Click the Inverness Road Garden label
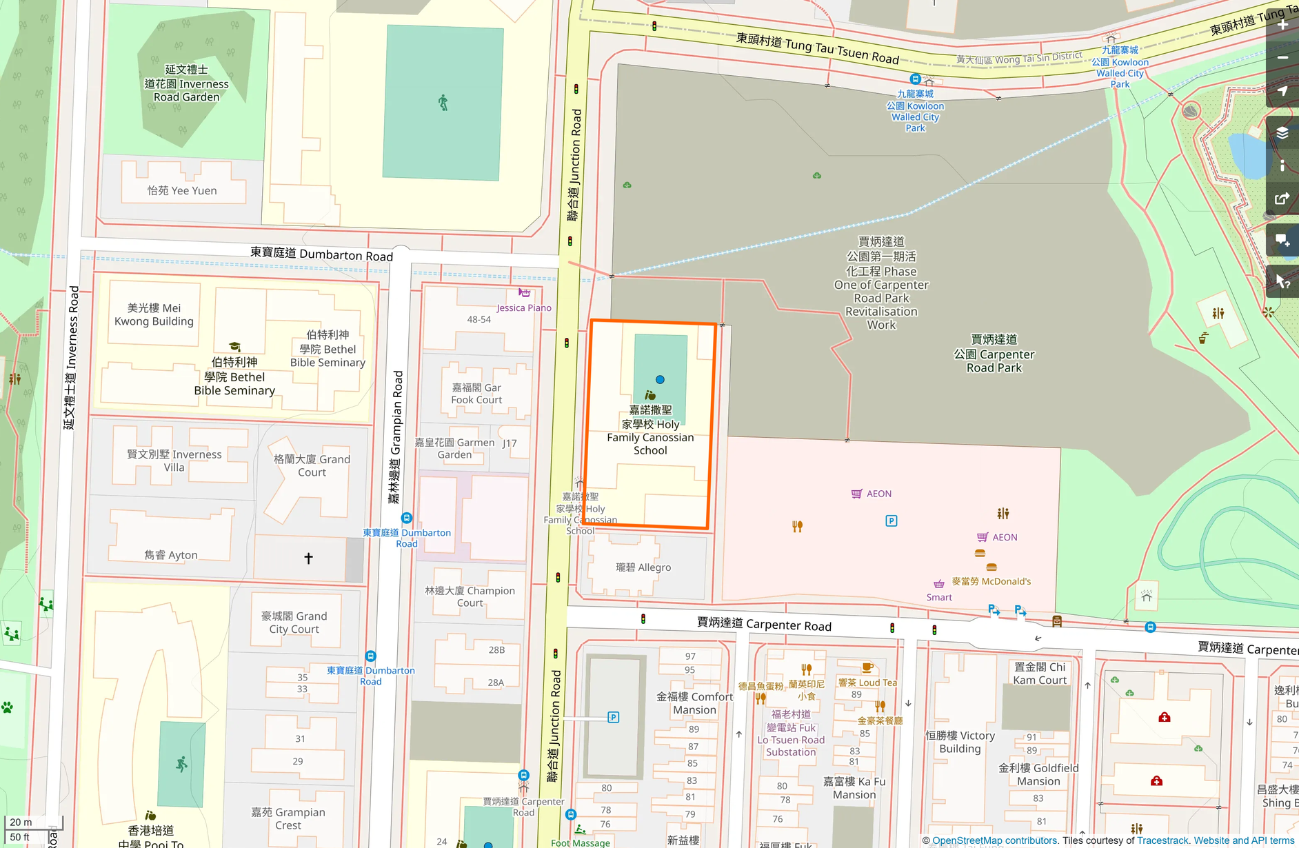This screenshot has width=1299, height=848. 186,83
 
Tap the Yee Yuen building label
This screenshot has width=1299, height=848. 182,191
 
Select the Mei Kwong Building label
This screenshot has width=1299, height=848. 154,314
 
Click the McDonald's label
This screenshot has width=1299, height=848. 991,581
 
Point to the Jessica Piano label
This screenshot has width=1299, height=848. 523,307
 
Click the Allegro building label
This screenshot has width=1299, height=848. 643,567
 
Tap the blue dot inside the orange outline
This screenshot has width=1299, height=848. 660,379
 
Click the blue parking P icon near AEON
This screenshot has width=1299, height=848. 891,521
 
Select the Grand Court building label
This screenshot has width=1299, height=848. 312,465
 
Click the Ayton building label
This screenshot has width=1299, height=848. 171,555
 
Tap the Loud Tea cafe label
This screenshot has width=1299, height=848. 868,683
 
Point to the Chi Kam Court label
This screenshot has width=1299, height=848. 1040,674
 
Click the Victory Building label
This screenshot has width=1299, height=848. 960,742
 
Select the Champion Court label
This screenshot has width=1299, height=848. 470,596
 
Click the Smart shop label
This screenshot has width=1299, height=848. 939,597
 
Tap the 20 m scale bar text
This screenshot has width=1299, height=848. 21,822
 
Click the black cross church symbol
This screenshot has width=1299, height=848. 308,558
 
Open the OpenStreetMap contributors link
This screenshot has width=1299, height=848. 995,840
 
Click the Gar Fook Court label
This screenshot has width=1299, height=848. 476,394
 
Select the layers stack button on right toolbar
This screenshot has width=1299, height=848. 1282,133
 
